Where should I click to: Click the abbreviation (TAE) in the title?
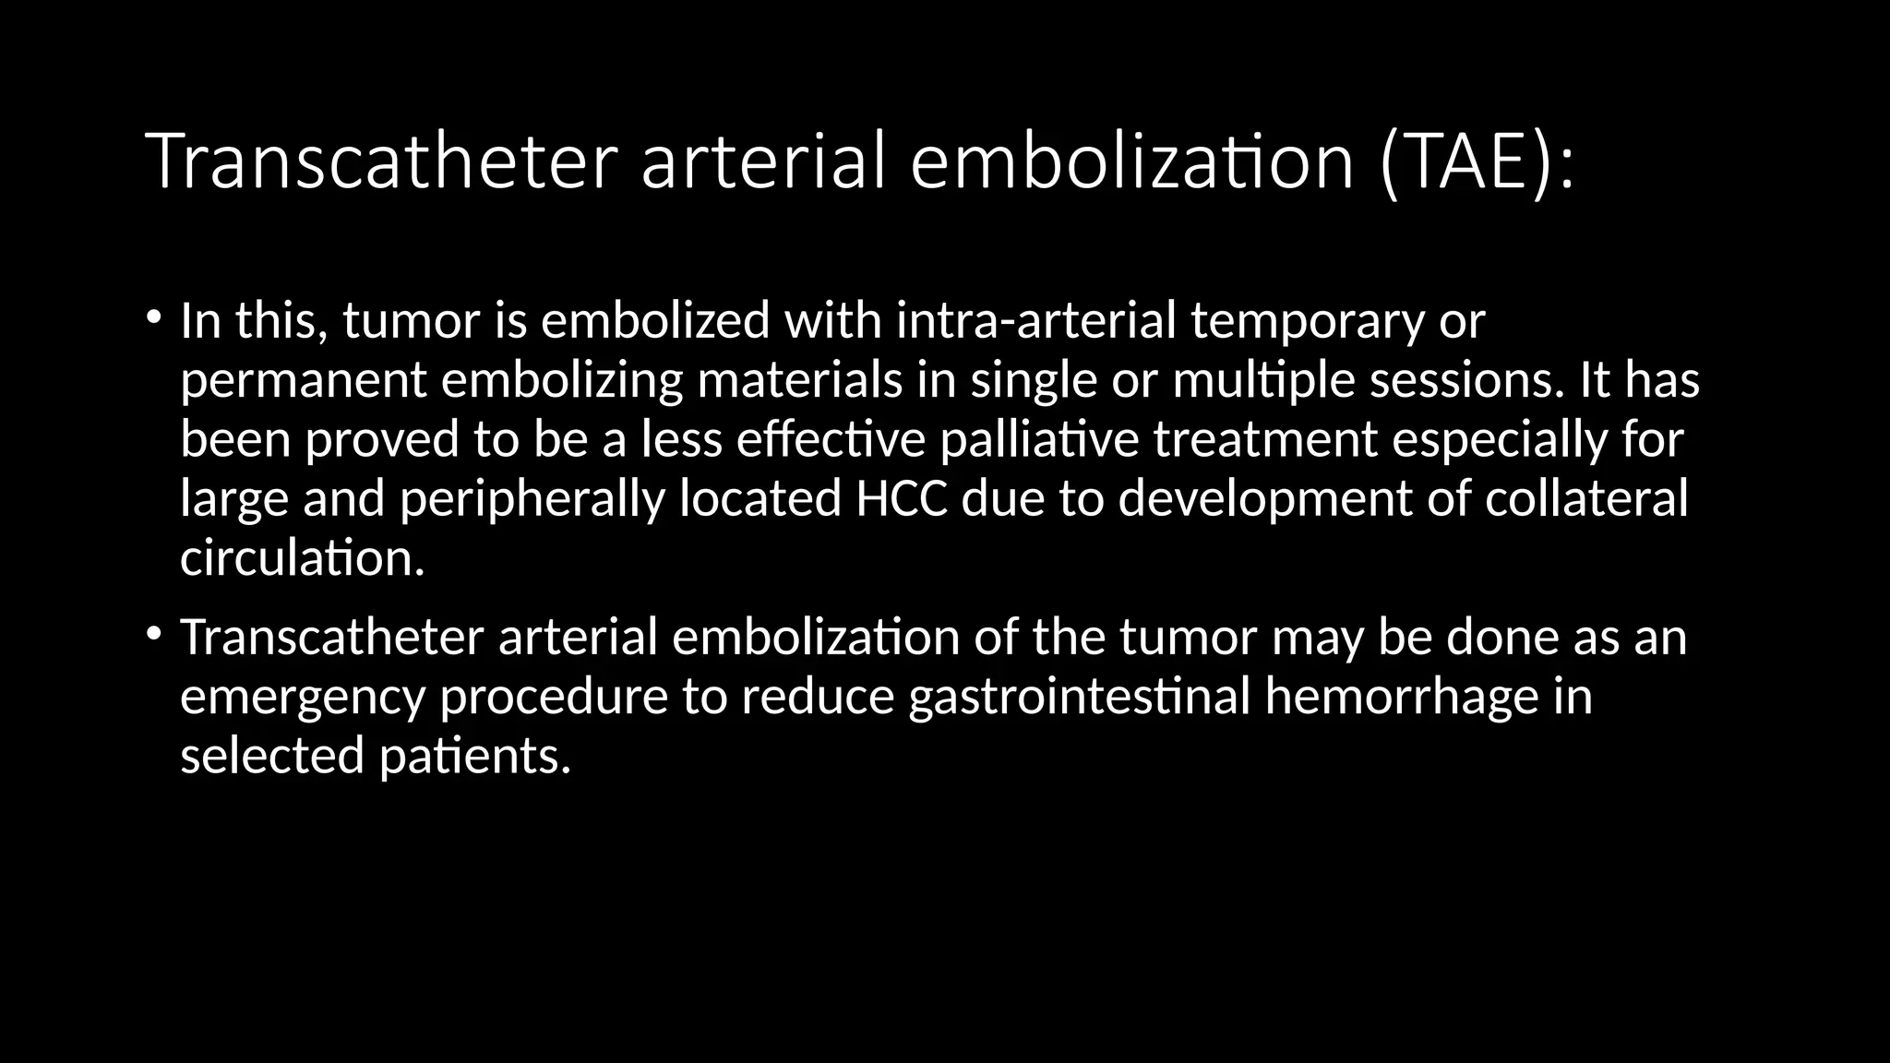(1476, 161)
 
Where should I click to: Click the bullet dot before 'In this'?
(153, 317)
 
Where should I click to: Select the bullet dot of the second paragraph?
(153, 634)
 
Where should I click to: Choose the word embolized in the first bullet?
(655, 320)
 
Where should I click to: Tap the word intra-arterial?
(1035, 320)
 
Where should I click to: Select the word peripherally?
(532, 499)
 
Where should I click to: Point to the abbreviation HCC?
(902, 498)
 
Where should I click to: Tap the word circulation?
(302, 557)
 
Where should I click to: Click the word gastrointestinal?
(1079, 696)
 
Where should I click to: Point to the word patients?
(475, 756)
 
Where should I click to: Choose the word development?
(1265, 499)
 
